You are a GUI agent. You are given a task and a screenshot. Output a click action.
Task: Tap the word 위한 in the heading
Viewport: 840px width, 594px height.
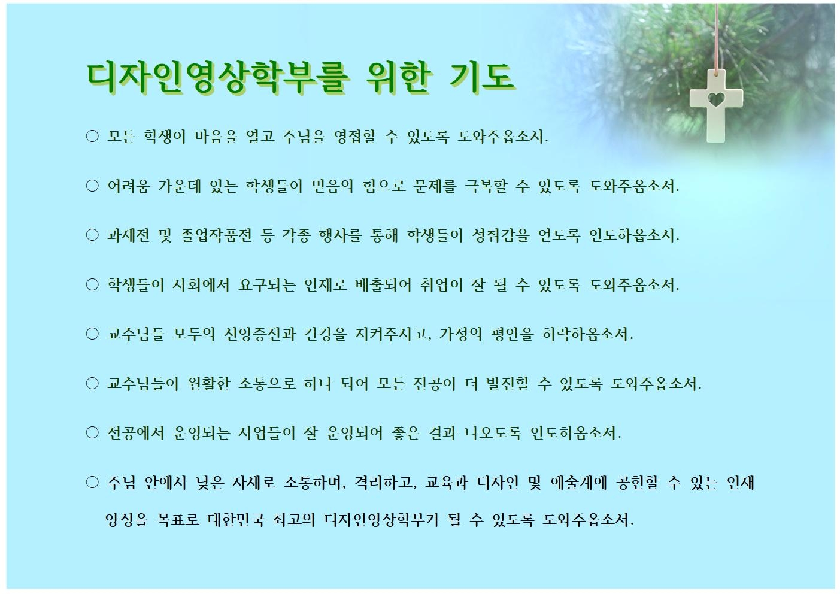tap(398, 78)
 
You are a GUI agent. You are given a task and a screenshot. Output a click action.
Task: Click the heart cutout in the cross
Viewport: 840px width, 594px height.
tap(716, 100)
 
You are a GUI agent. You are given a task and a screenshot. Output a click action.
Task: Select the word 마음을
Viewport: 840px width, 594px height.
tap(216, 136)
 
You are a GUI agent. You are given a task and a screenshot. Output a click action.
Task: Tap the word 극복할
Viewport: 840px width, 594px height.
tap(486, 186)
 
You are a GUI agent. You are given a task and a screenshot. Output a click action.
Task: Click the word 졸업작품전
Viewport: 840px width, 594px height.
tap(216, 235)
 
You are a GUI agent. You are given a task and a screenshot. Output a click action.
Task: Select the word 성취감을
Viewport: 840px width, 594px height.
tap(501, 235)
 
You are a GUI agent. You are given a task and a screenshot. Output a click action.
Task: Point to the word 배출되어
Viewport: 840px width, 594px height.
tap(383, 284)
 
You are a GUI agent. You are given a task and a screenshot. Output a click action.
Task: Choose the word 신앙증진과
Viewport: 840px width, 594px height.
tap(260, 334)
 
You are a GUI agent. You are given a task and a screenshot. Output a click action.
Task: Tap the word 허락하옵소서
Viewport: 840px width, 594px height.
tap(587, 334)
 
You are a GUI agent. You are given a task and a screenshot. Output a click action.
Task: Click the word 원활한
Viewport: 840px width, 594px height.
tap(209, 383)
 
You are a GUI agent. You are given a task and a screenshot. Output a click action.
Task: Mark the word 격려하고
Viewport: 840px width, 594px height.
tap(386, 482)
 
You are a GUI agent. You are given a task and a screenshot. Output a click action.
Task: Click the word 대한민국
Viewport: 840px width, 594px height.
tap(236, 519)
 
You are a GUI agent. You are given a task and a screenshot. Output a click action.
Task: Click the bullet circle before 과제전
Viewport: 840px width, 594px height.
tap(92, 235)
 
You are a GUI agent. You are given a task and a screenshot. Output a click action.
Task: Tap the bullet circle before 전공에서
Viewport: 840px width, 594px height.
tap(92, 433)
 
